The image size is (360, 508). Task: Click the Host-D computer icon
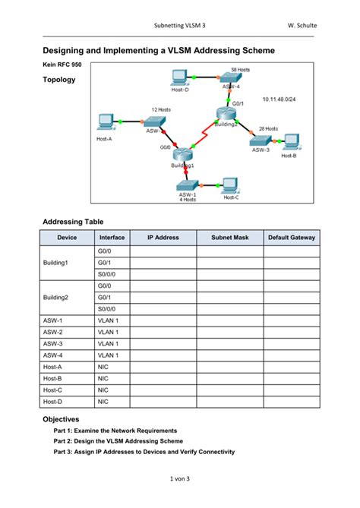click(180, 76)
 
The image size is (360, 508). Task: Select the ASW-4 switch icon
click(229, 77)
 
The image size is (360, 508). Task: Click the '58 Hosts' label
click(240, 69)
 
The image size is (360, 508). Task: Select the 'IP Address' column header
click(163, 238)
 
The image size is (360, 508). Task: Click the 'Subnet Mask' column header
click(230, 238)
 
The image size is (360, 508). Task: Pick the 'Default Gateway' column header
click(292, 238)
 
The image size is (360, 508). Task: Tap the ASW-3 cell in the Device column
click(53, 343)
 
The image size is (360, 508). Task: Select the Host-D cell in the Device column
click(53, 401)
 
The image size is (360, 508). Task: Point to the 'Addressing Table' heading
click(73, 222)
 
